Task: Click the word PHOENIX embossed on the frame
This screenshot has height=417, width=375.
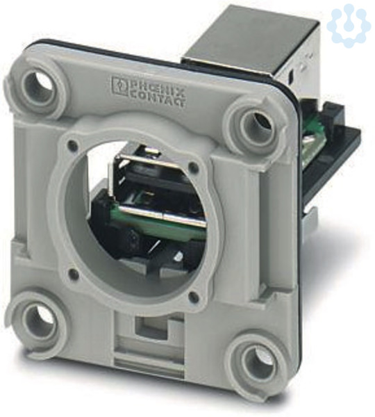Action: (157, 85)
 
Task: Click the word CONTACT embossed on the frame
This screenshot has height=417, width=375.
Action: (158, 97)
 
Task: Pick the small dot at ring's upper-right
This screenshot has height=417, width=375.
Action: (195, 167)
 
